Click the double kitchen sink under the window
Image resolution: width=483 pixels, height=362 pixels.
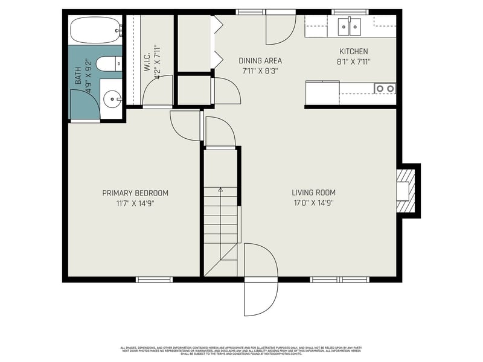(x=349, y=25)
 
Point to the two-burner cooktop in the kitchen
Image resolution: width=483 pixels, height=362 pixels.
(x=385, y=89)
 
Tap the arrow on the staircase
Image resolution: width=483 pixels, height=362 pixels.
(x=220, y=191)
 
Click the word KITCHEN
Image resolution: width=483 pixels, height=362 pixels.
(x=353, y=52)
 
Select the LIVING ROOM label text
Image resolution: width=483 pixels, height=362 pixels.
(x=313, y=193)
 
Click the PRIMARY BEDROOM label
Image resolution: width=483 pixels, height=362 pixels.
(x=135, y=193)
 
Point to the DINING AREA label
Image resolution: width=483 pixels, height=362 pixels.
(x=260, y=61)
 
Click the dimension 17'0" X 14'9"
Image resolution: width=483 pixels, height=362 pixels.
(x=313, y=203)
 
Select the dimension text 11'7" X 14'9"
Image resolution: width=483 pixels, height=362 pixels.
(x=135, y=203)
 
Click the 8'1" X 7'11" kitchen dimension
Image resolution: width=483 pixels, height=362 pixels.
(x=353, y=61)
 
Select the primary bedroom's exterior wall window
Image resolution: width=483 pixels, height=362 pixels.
(x=154, y=279)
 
